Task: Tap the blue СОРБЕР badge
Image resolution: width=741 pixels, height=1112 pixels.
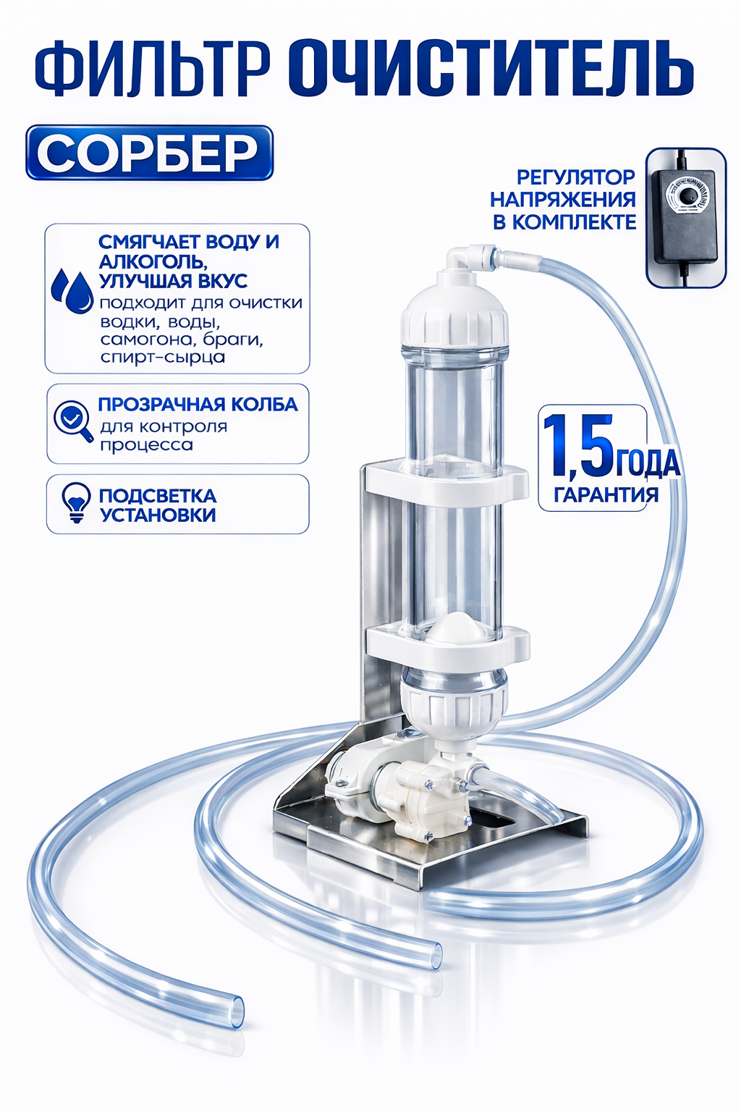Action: point(149,152)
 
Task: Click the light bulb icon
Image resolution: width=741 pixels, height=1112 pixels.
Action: point(75,503)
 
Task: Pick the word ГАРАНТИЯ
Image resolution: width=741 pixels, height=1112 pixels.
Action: point(606,495)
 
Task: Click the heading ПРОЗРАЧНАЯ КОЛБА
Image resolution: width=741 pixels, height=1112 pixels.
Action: point(198,404)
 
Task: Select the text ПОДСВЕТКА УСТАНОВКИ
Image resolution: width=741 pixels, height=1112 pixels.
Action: point(158,505)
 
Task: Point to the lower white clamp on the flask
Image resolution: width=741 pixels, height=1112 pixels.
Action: point(446,644)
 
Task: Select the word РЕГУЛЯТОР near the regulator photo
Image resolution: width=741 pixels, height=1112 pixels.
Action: point(576,176)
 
